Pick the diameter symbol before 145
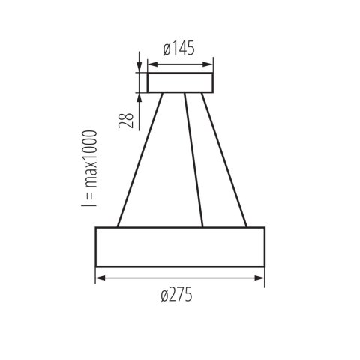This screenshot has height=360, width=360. coord(166,50)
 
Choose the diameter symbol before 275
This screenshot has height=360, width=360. coord(164,295)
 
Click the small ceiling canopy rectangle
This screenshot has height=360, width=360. coord(180,82)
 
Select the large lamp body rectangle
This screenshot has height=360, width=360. coord(180,245)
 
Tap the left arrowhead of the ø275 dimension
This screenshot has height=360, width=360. coord(99,279)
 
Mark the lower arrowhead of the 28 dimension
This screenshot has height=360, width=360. coord(139,95)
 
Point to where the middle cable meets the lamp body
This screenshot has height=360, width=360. coord(202,226)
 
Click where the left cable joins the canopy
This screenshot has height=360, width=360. coord(164,93)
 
